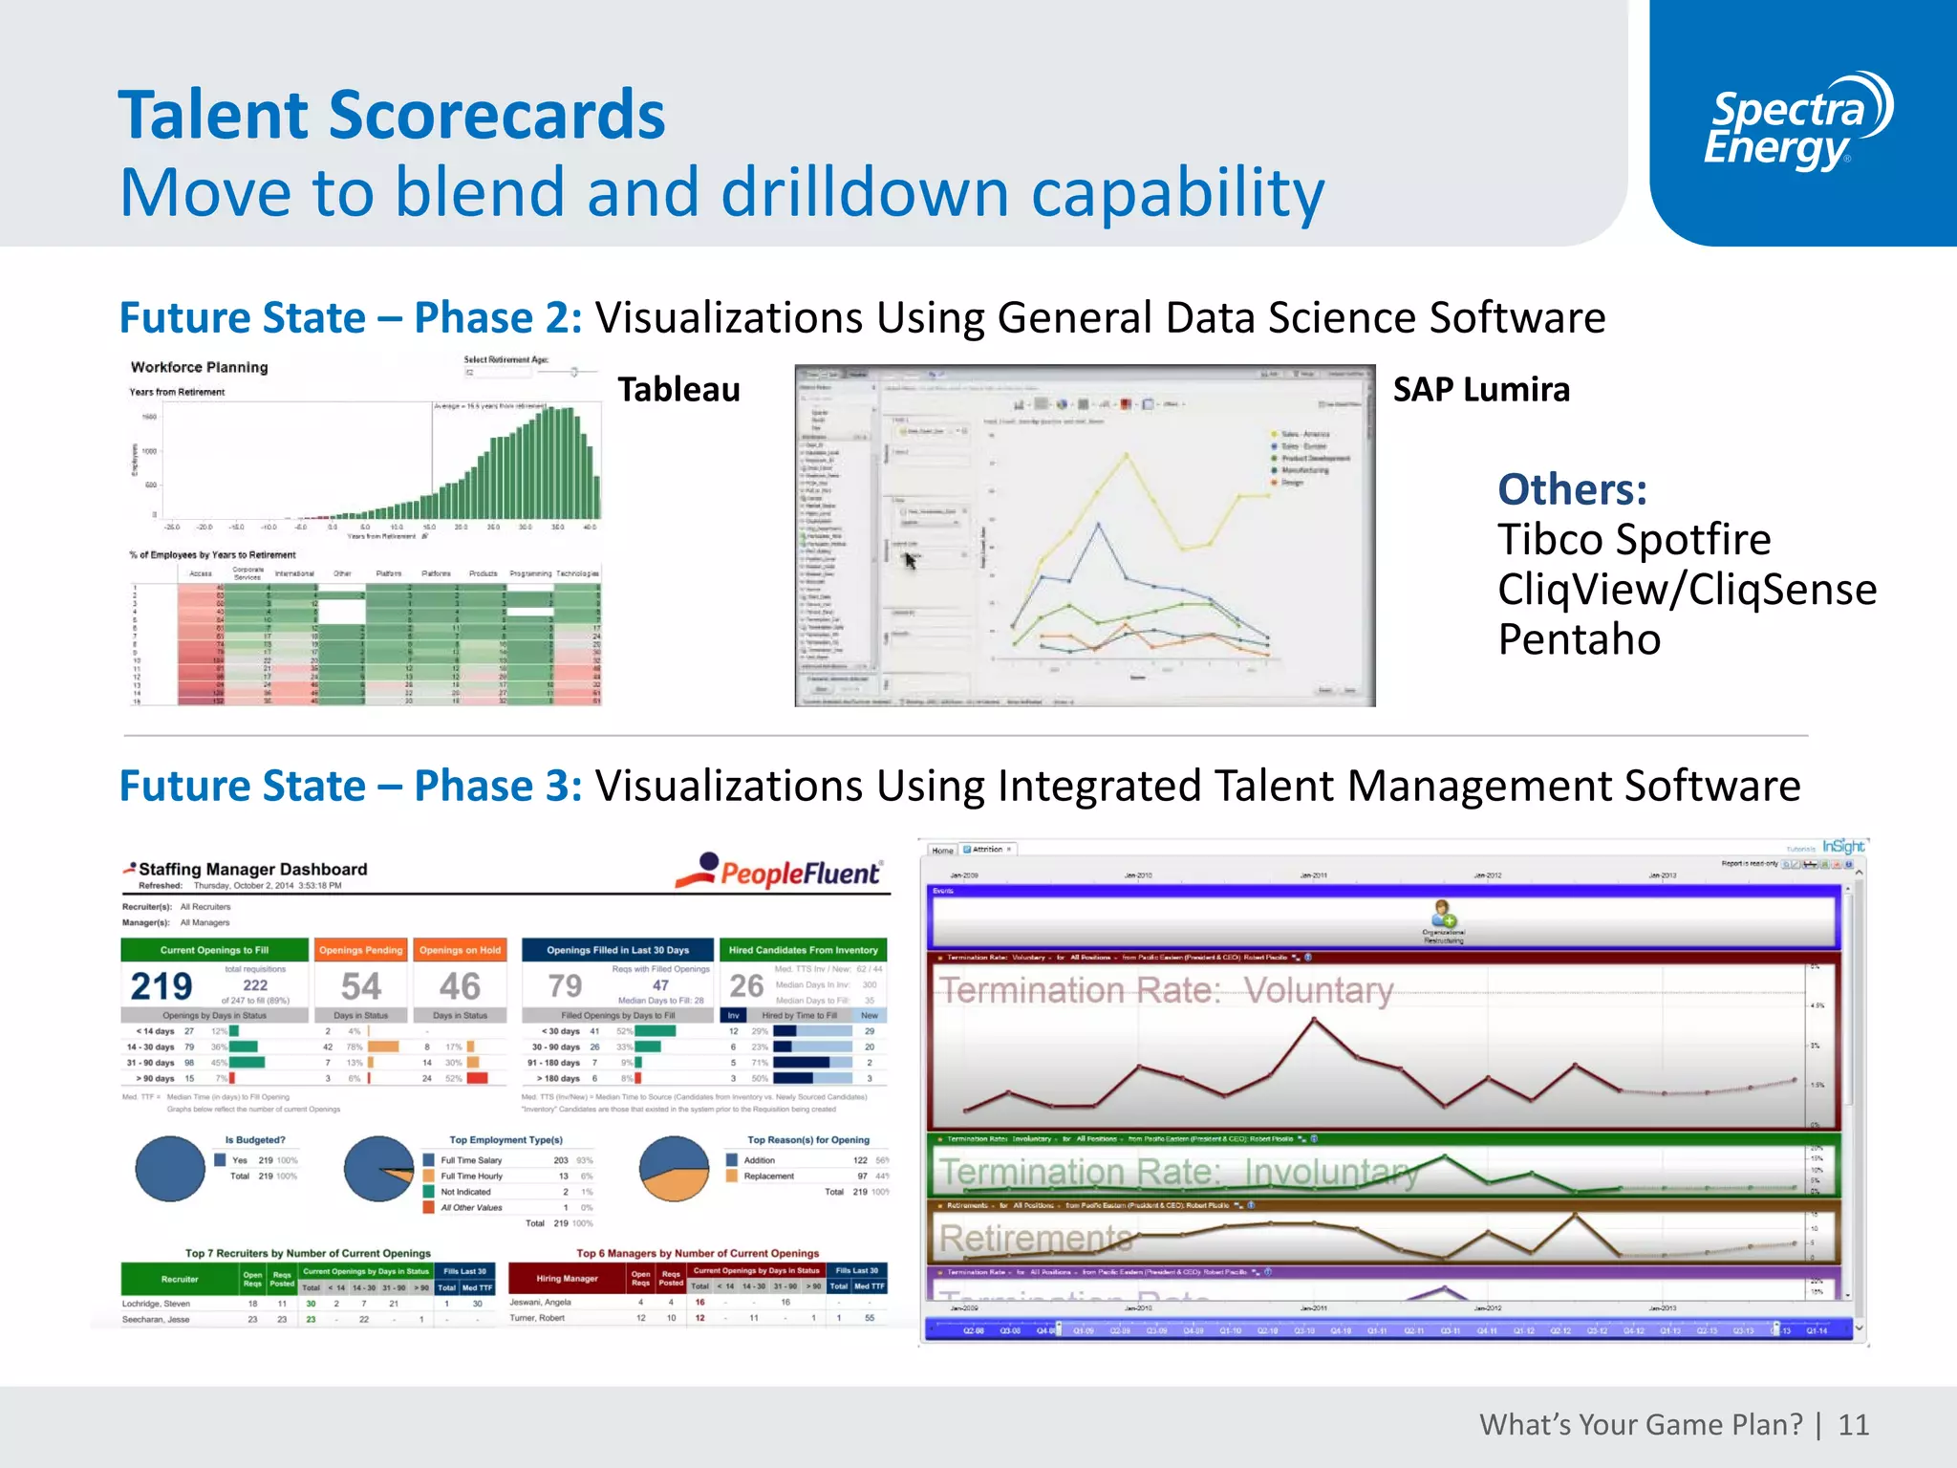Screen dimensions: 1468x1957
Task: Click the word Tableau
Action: point(678,390)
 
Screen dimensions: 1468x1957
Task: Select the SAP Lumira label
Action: point(1480,390)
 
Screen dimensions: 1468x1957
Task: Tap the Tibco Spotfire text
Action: point(1633,540)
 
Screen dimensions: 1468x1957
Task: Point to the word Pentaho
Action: point(1579,639)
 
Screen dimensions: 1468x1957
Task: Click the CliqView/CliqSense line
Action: point(1687,590)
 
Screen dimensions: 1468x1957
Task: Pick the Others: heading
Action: point(1572,489)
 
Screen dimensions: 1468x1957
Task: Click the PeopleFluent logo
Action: point(779,871)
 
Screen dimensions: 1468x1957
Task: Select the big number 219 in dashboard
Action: point(161,986)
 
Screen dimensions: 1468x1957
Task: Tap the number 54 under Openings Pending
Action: point(361,986)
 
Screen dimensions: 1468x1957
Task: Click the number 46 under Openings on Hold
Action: point(460,986)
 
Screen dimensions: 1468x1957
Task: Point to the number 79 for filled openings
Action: point(565,986)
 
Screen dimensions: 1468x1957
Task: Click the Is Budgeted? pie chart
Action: point(170,1169)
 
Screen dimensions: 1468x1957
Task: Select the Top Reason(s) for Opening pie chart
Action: point(675,1169)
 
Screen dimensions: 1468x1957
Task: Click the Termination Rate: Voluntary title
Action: point(1165,990)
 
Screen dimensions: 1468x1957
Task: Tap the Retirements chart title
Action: point(1035,1239)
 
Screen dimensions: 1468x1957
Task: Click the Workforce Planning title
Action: point(199,367)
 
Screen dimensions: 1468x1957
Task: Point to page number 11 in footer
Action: point(1853,1425)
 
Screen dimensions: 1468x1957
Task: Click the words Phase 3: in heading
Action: point(498,787)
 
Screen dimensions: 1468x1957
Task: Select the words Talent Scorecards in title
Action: point(391,115)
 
